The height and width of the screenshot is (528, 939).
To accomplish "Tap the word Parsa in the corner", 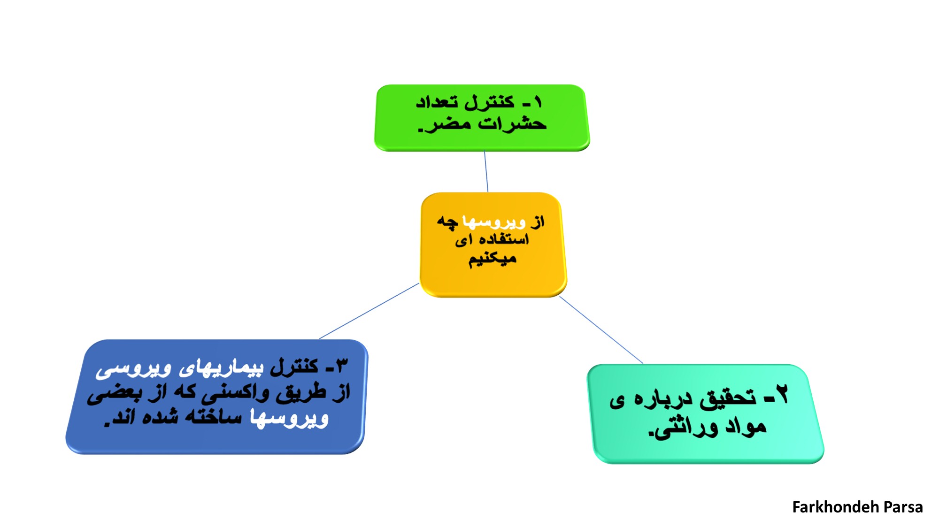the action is click(903, 507).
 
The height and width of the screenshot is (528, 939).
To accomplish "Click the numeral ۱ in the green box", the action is click(538, 102).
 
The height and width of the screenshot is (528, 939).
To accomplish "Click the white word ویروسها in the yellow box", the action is click(494, 222).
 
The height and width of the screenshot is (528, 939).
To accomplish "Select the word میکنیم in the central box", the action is click(493, 259).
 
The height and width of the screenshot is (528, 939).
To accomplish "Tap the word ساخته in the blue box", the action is click(214, 417).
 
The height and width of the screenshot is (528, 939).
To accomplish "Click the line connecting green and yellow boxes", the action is click(486, 171).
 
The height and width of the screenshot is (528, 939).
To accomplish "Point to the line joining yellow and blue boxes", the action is click(369, 311).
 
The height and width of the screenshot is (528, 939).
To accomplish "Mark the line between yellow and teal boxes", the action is click(601, 330).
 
